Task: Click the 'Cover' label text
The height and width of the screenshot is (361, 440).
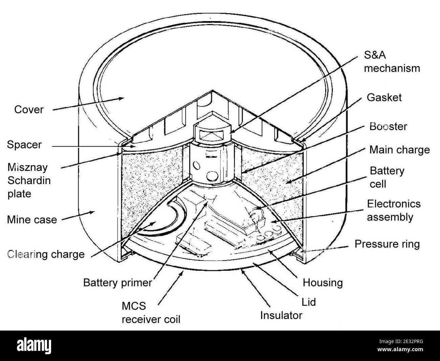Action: (29, 110)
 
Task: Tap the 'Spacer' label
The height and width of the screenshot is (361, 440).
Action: (24, 145)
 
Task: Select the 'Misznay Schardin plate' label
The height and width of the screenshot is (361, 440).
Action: (29, 180)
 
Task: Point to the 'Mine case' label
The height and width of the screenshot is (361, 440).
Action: (32, 220)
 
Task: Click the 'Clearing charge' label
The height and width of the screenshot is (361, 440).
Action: (46, 254)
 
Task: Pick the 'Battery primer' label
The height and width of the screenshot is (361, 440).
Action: (117, 283)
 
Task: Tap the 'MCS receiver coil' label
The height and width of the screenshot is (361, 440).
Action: (151, 312)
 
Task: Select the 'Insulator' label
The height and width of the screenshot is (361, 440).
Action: (281, 315)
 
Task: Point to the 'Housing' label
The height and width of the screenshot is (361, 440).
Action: (323, 283)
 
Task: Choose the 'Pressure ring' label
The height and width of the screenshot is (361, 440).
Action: (387, 244)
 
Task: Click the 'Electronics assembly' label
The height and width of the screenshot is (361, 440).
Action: (394, 210)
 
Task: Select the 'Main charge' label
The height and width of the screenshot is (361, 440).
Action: (399, 150)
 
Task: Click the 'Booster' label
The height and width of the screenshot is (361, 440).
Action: (388, 127)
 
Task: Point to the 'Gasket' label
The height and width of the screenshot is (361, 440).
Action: (384, 97)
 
